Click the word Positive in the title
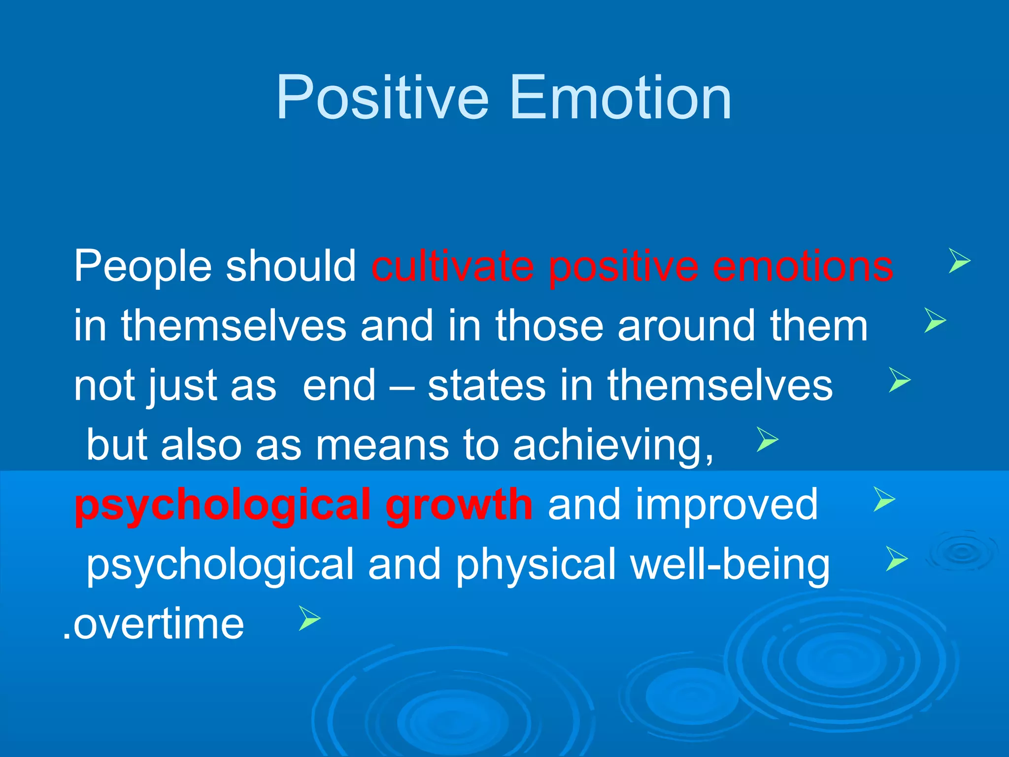coord(382,97)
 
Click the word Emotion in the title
coord(621,97)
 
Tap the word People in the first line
coord(143,267)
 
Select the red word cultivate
coord(453,267)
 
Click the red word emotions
coord(803,267)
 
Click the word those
coord(549,326)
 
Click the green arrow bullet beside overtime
coord(309,619)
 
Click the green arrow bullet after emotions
coord(959,261)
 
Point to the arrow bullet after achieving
coord(767,440)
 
